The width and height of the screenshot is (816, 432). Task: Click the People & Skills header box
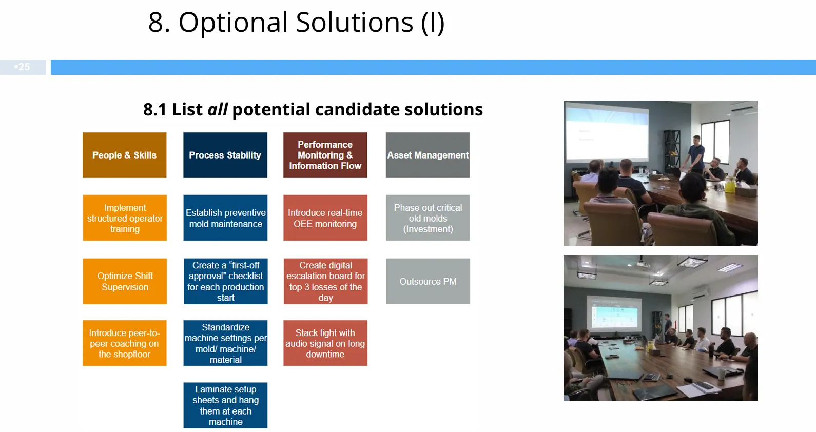coord(125,155)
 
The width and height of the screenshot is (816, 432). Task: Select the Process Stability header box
coord(225,155)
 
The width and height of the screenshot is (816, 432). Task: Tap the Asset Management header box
coord(428,155)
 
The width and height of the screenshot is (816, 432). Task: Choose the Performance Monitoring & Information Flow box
coord(325,155)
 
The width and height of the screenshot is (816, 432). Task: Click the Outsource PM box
coord(428,281)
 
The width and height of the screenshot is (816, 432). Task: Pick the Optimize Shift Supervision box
coord(125,281)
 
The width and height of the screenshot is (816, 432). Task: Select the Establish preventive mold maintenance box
coord(225,218)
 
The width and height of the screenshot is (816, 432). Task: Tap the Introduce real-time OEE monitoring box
coord(325,218)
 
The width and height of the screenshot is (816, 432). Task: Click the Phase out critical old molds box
coord(428,218)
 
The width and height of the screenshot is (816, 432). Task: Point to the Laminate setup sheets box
coord(225,405)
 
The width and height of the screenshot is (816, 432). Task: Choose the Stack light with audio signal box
coord(325,343)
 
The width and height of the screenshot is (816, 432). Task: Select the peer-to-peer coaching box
coord(125,343)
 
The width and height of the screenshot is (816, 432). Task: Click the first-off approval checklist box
coord(225,281)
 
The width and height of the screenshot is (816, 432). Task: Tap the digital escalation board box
coord(326,281)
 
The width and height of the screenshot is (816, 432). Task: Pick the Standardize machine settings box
coord(225,343)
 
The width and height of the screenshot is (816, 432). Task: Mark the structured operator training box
coord(125,218)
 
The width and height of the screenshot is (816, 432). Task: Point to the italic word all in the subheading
coord(218,109)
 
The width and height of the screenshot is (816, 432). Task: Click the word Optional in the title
coord(234,23)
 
